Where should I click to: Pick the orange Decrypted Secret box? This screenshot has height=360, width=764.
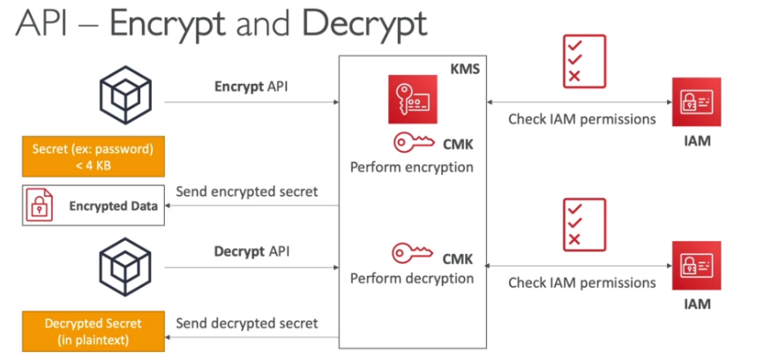click(80, 331)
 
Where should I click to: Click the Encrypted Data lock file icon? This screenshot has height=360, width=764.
click(40, 206)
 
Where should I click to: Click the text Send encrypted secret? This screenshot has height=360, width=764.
click(247, 191)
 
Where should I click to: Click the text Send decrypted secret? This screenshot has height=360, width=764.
click(247, 323)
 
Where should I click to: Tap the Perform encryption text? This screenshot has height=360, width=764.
click(411, 167)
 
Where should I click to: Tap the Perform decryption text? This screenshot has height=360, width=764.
click(411, 279)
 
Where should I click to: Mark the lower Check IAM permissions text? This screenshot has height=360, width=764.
click(582, 283)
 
